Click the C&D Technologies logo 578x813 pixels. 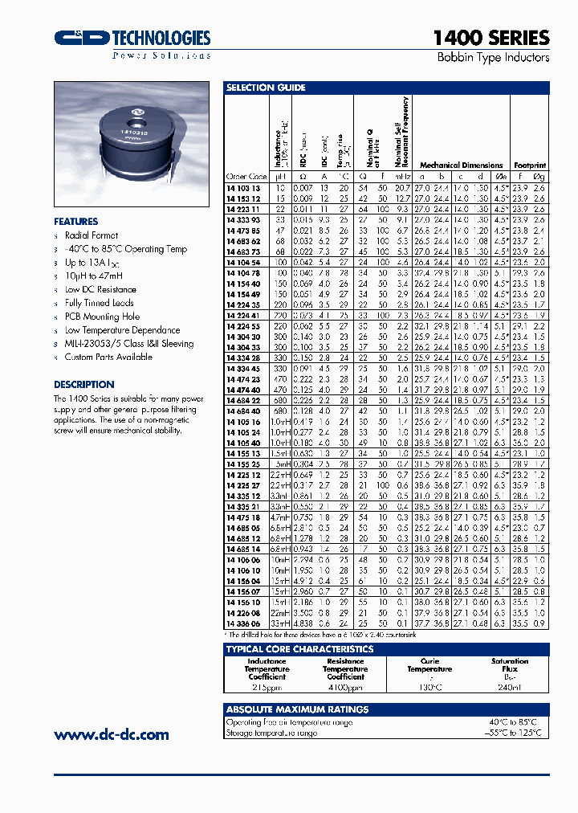(x=132, y=40)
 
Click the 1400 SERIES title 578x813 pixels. (x=490, y=38)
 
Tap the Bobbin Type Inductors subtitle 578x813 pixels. (x=493, y=58)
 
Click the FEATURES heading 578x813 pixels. (x=76, y=222)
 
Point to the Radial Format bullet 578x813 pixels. (x=91, y=235)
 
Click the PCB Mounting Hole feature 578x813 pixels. (x=102, y=317)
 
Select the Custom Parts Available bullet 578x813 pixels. (x=108, y=357)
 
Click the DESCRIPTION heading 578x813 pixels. (x=84, y=385)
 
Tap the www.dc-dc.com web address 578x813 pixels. (x=112, y=734)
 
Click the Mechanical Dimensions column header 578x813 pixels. (x=462, y=165)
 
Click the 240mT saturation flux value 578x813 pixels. (x=510, y=688)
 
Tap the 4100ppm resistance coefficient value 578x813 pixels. (x=344, y=688)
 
